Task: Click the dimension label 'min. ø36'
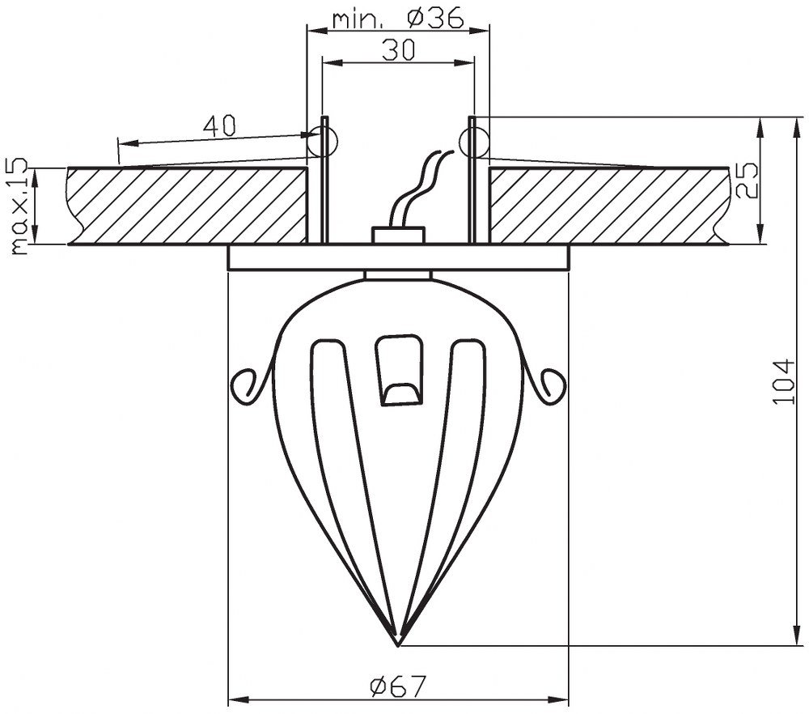click(398, 19)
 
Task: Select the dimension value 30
click(398, 50)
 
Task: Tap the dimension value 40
click(218, 125)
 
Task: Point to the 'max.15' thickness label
click(19, 206)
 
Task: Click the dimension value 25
click(746, 181)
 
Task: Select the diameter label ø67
click(399, 686)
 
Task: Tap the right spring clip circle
click(473, 142)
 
